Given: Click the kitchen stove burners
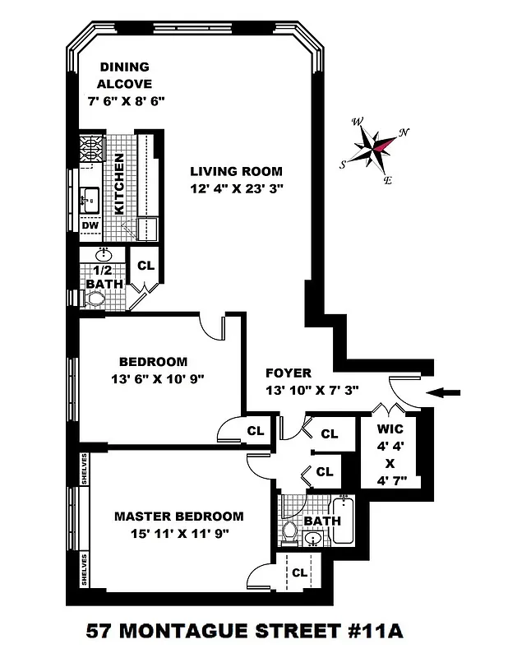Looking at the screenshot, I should tap(90, 150).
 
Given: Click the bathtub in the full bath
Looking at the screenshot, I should tap(344, 521).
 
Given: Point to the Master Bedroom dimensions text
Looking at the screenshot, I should tap(179, 533).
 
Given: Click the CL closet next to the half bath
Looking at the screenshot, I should tap(146, 266).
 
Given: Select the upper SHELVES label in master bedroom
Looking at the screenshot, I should tap(85, 468).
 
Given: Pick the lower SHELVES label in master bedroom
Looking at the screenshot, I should tap(85, 569).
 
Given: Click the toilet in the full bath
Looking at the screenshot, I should tap(289, 530).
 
